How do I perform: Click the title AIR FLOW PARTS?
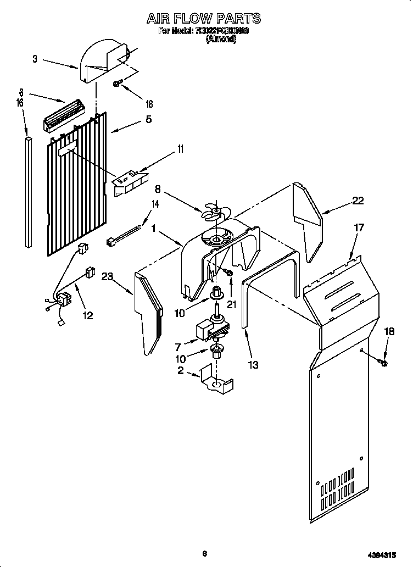[x=203, y=19]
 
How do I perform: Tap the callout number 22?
[x=358, y=201]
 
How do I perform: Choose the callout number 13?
[x=253, y=365]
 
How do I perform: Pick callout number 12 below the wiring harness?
[x=87, y=315]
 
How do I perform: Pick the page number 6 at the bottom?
[x=204, y=553]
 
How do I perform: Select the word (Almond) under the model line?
[x=220, y=40]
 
